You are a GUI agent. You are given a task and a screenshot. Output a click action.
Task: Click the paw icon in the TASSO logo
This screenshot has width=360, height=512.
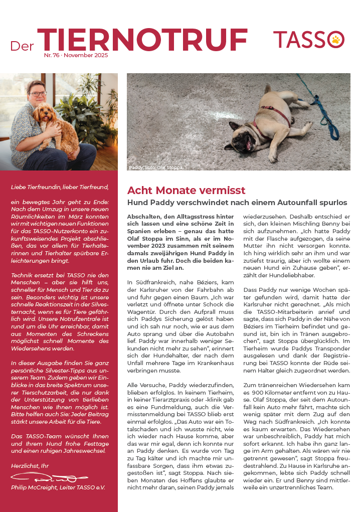[335, 40]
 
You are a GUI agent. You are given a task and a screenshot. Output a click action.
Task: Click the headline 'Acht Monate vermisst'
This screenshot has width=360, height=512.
[186, 191]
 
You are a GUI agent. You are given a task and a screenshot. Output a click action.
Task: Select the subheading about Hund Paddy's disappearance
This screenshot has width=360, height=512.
[237, 203]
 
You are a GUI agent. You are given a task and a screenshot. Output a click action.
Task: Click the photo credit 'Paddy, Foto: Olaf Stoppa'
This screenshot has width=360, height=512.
[155, 167]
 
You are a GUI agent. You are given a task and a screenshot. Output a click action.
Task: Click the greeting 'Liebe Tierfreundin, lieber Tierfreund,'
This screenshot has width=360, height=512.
[60, 187]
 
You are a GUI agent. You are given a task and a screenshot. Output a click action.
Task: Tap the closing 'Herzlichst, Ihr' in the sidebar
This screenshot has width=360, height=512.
[31, 466]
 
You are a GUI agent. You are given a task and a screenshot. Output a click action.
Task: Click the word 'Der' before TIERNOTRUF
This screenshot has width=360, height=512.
[22, 46]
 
